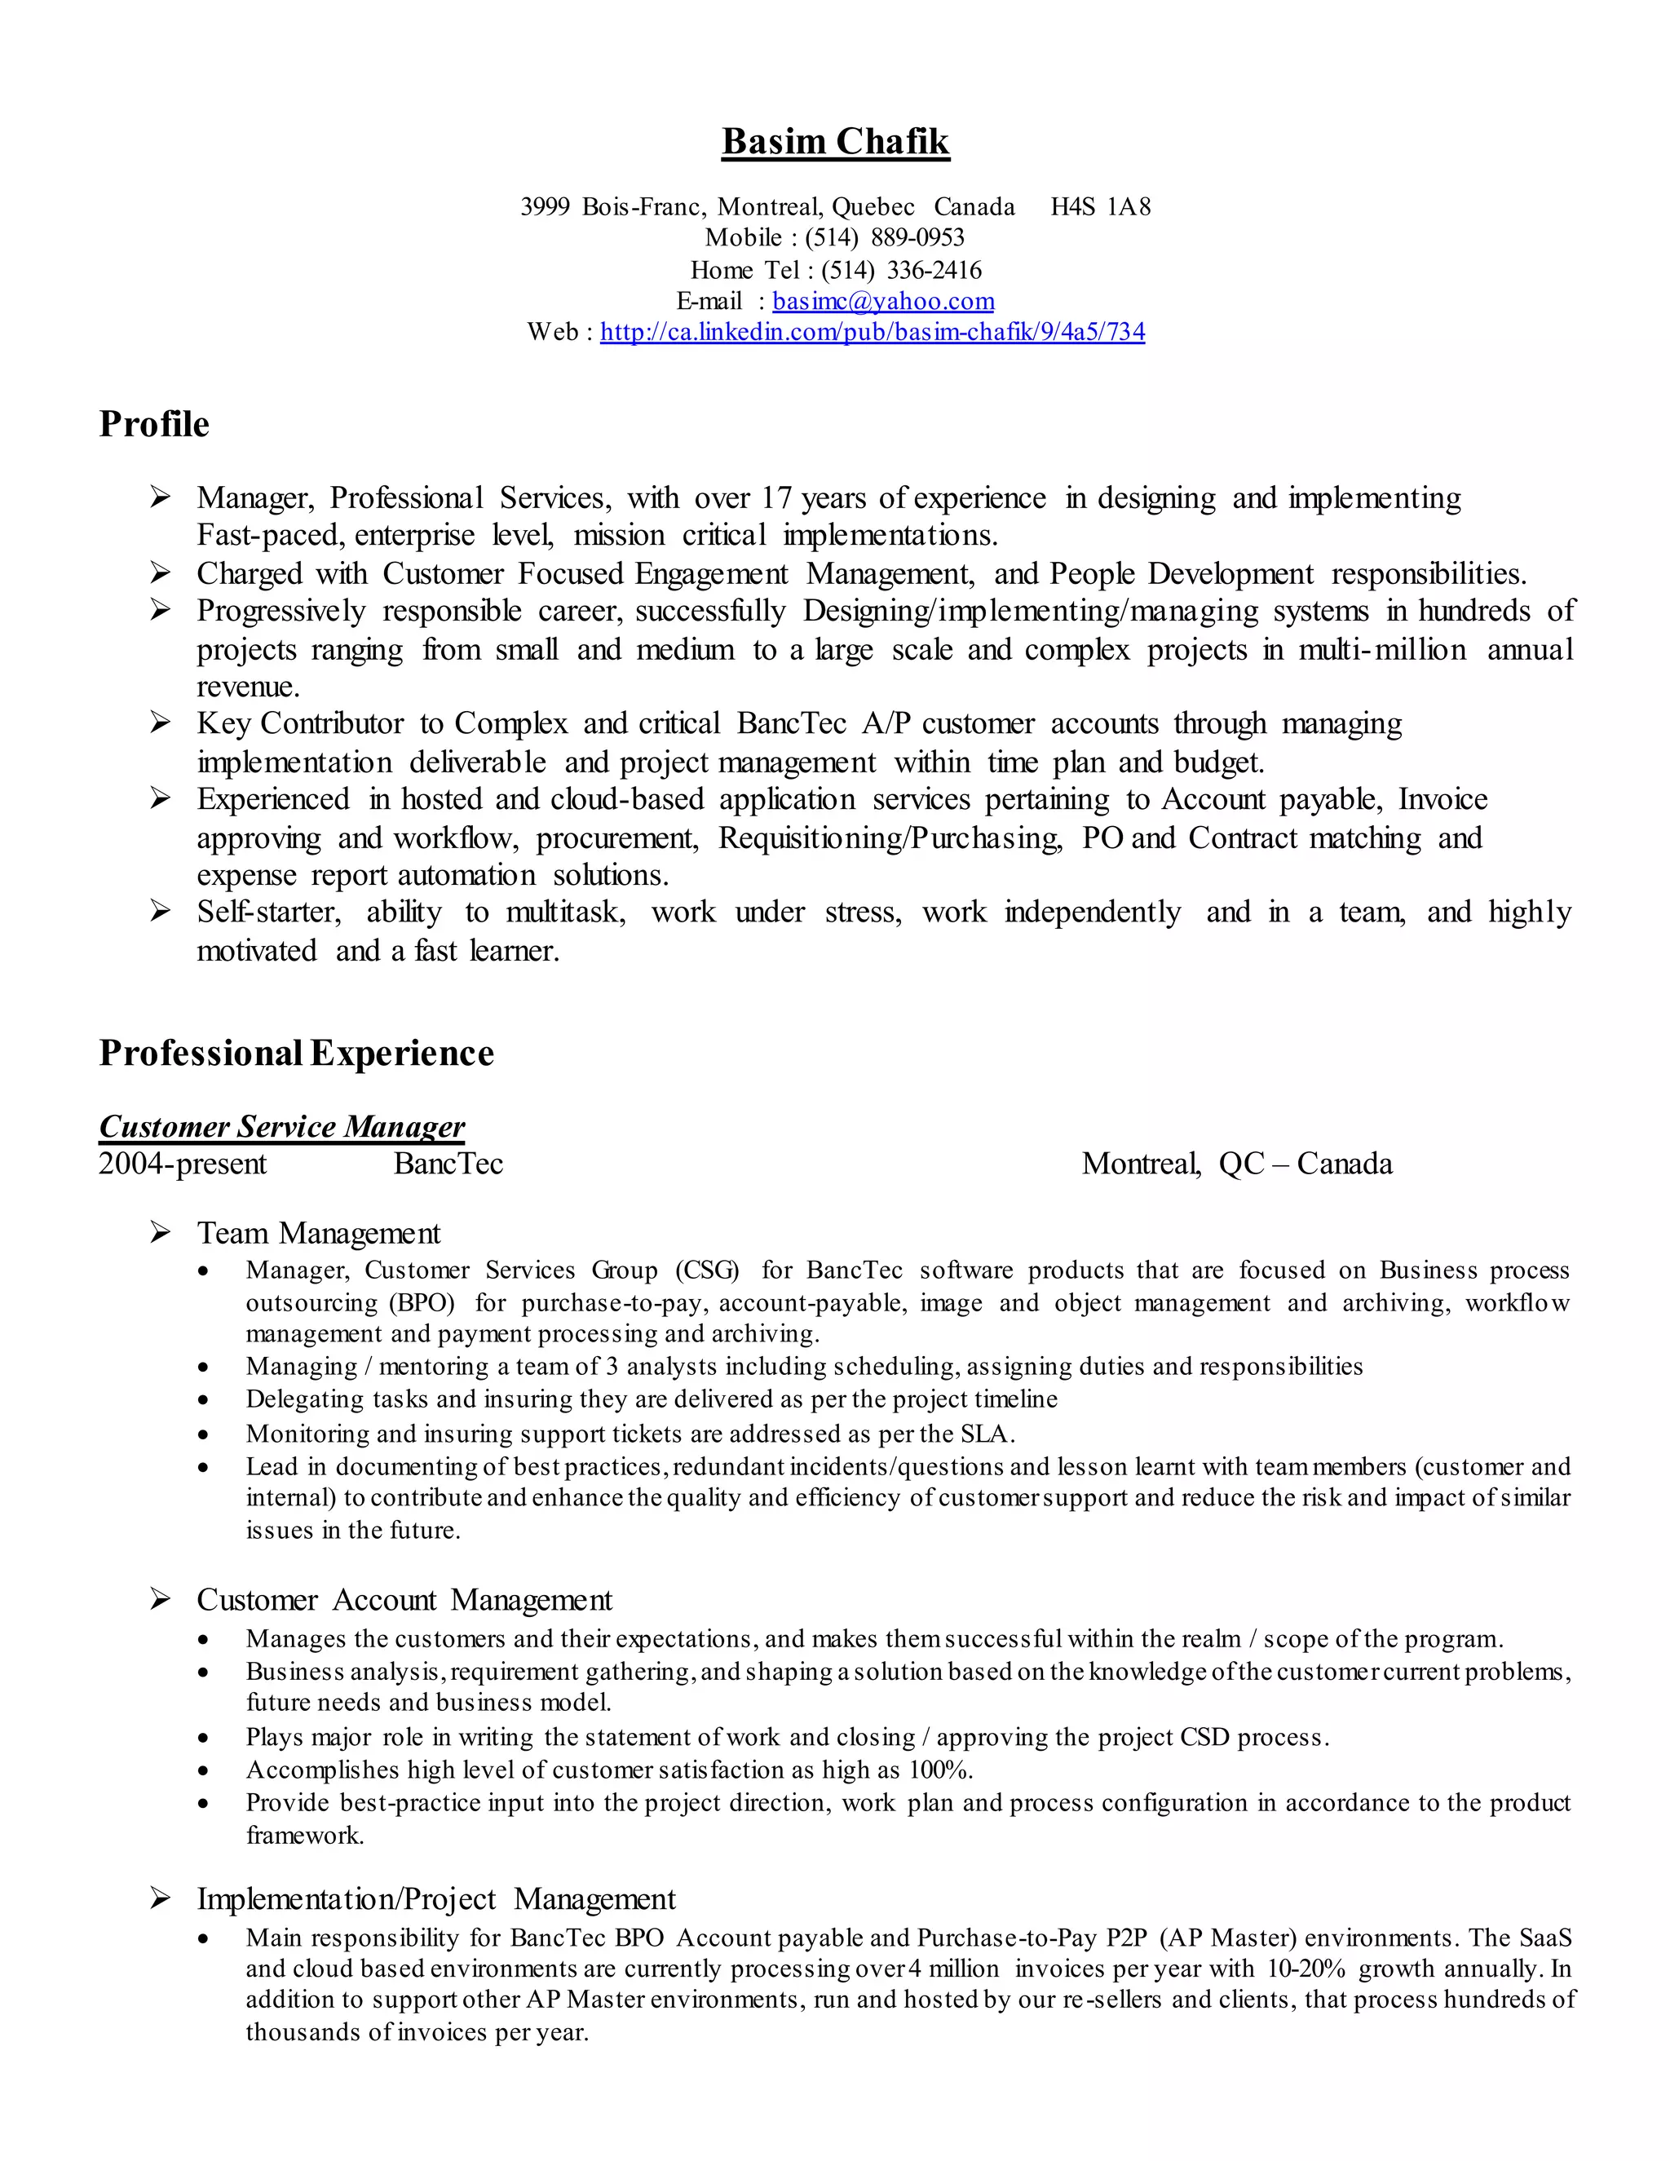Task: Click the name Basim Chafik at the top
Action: click(x=835, y=142)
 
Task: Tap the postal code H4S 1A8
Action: click(x=1100, y=207)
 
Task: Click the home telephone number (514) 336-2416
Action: click(x=900, y=270)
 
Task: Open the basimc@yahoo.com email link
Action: click(x=882, y=301)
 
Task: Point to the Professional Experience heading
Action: click(x=296, y=1053)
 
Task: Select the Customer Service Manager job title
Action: click(x=282, y=1127)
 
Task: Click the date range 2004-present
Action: click(x=183, y=1164)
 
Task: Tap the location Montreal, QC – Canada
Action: click(x=1237, y=1164)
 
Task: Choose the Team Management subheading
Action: click(x=319, y=1234)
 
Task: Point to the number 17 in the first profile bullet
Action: click(x=776, y=497)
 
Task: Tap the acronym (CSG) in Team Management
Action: click(x=707, y=1271)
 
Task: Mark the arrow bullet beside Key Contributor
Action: click(x=161, y=724)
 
